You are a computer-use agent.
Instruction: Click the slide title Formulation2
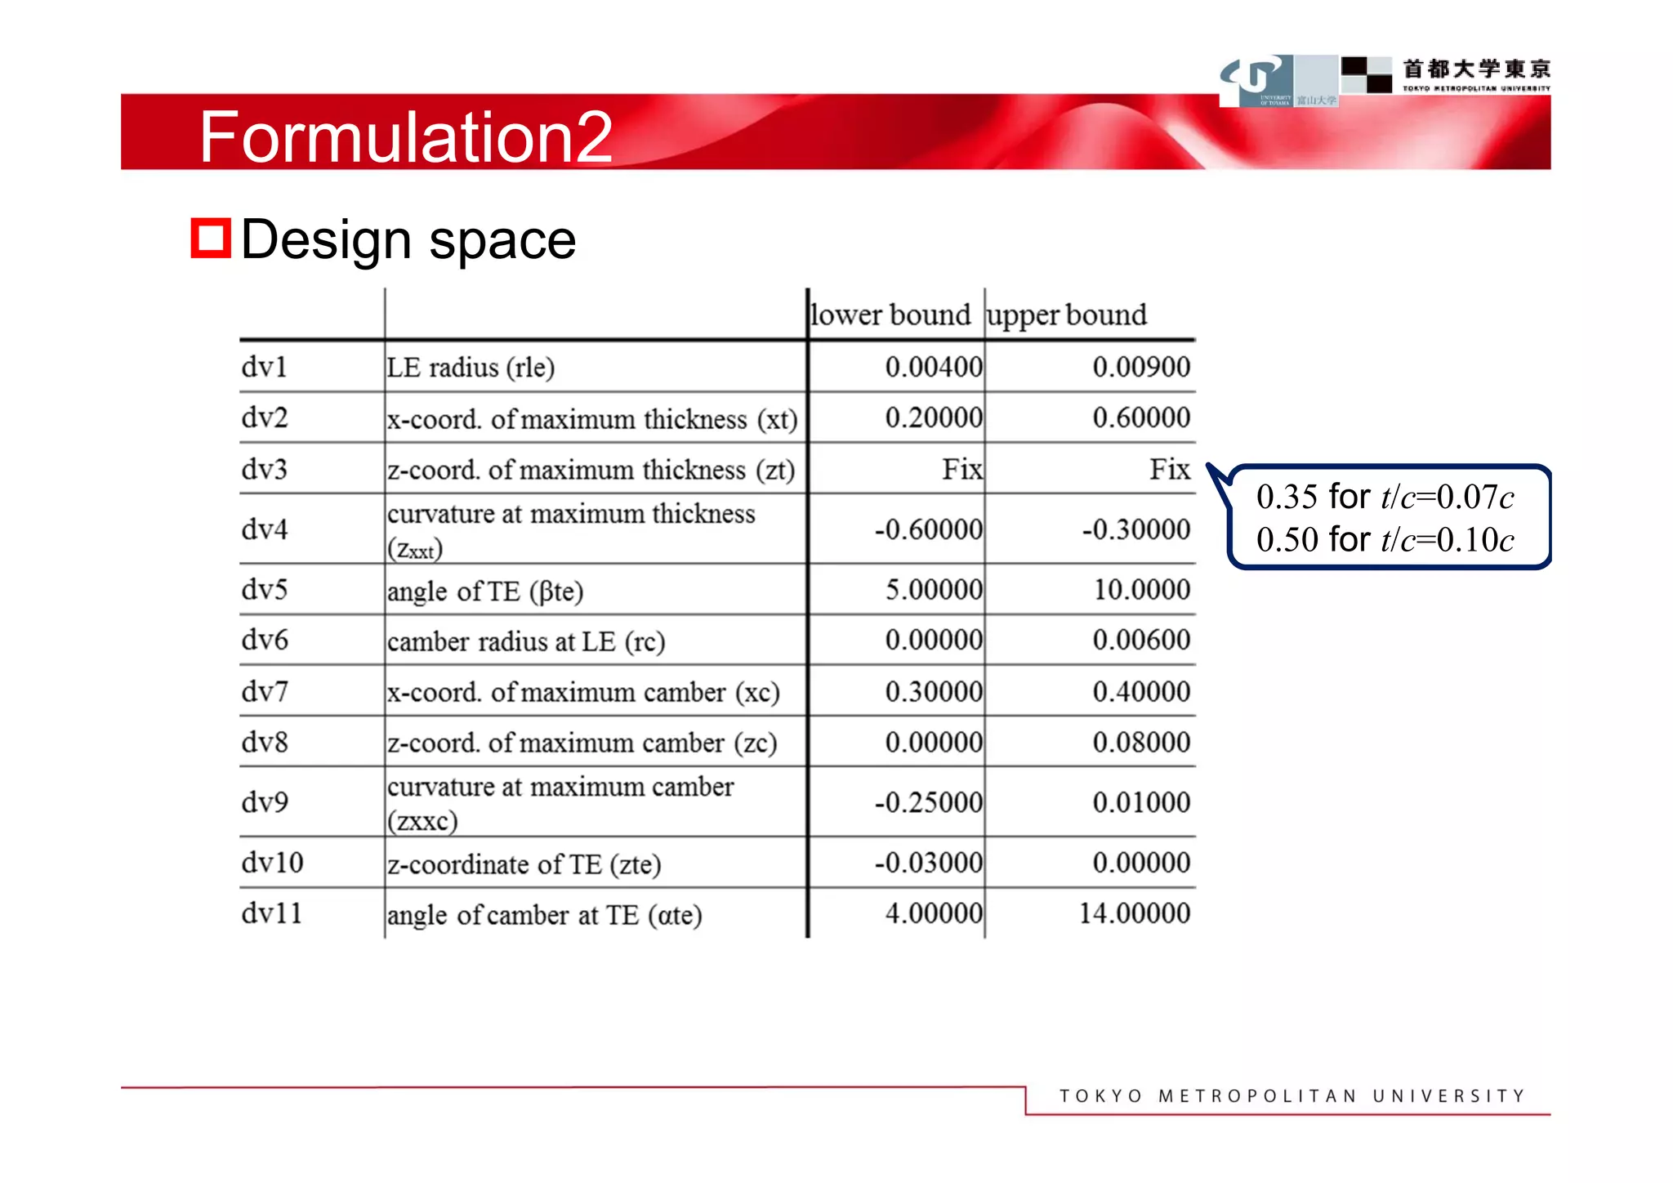tap(405, 137)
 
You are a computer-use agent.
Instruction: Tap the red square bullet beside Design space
tap(210, 239)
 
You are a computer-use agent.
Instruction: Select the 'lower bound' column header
tap(890, 315)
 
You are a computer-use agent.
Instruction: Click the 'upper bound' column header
tap(1066, 315)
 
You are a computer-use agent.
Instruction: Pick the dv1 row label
tap(264, 367)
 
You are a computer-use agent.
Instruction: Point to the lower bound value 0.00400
tap(934, 367)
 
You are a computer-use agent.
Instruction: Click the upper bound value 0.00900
tap(1141, 367)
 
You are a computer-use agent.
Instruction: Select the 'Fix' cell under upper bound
tap(1170, 469)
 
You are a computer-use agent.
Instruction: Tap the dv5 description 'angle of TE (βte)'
tap(485, 591)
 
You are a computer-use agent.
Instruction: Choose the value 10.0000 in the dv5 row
tap(1141, 589)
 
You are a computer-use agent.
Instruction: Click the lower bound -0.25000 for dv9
tap(928, 802)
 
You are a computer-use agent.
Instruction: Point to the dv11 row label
tap(271, 913)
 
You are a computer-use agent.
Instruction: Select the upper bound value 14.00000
tap(1135, 913)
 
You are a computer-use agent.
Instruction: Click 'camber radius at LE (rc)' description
tap(526, 641)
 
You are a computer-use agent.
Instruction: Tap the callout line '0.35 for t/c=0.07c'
tap(1385, 497)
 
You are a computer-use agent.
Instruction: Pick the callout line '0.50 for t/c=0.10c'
tap(1385, 540)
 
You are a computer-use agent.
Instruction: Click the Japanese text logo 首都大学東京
tap(1476, 69)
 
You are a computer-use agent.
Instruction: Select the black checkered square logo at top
tap(1367, 74)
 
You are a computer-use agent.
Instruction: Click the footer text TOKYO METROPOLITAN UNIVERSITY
tap(1292, 1096)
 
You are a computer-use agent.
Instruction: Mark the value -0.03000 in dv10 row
tap(928, 863)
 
